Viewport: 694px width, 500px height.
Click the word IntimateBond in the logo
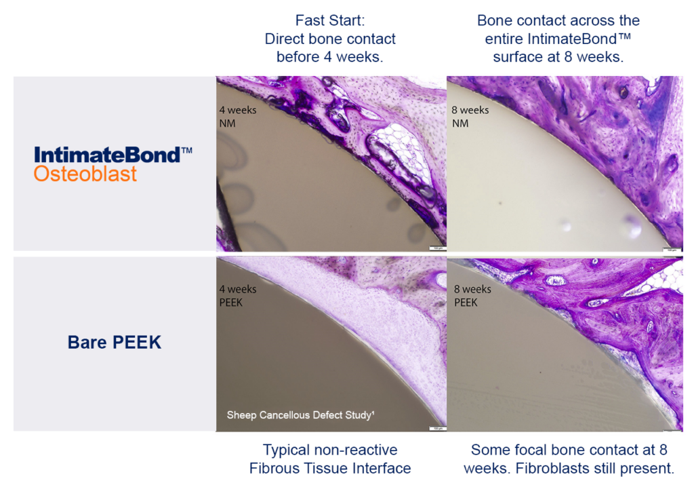click(106, 155)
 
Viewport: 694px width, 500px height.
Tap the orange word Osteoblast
click(85, 174)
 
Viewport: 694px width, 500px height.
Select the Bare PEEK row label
click(115, 343)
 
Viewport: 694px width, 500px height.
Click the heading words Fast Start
click(330, 21)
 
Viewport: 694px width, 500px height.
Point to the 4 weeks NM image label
click(237, 115)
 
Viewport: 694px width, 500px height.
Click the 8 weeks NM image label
click(470, 116)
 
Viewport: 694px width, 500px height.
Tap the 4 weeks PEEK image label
click(237, 295)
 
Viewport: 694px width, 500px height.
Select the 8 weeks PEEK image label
click(472, 295)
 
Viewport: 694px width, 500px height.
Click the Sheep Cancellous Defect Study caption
click(300, 415)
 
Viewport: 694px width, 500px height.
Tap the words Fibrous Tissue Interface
click(330, 468)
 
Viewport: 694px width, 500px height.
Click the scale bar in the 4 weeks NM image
click(436, 249)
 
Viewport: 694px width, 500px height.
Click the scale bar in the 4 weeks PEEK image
click(436, 428)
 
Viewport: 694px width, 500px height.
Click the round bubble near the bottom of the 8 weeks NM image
click(633, 227)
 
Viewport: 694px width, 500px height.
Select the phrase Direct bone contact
click(330, 39)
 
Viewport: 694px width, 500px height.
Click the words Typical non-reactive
click(330, 450)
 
